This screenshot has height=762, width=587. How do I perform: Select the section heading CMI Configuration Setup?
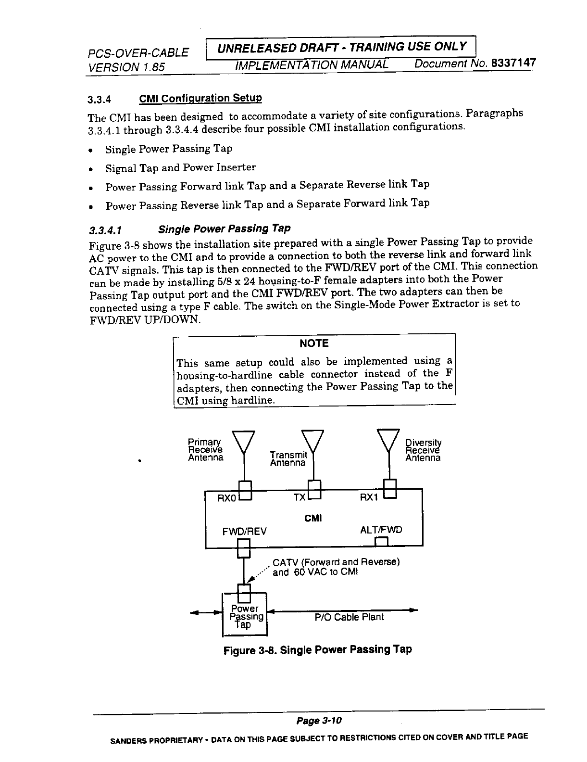[200, 99]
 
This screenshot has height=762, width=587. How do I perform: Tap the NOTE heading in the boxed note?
[313, 343]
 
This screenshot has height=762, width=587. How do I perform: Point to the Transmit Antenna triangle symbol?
[313, 440]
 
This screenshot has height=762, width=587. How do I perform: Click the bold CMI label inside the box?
[313, 518]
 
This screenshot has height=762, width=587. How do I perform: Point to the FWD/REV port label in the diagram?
[244, 531]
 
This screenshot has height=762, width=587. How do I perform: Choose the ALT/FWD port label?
[381, 530]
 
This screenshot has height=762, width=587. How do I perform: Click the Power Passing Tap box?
[244, 617]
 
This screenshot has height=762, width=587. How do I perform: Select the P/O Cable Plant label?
[349, 617]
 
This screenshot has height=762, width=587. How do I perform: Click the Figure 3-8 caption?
[318, 650]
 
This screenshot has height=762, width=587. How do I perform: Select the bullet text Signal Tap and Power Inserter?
[180, 167]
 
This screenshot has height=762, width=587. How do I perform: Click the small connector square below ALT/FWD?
[381, 542]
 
